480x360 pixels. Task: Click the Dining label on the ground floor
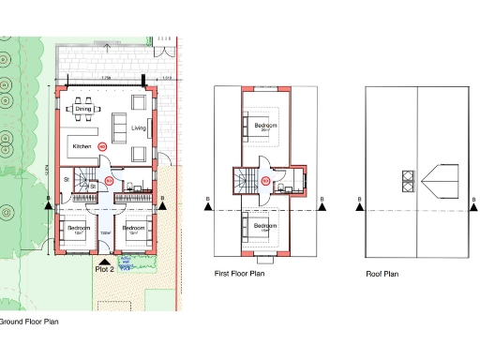tap(83, 110)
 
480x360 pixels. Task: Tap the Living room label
tap(140, 127)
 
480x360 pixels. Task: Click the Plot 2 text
tap(105, 269)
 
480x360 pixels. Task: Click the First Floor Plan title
tap(238, 273)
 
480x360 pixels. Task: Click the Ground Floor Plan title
tap(29, 322)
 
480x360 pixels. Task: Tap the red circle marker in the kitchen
tap(104, 147)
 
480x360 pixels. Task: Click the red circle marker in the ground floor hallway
tap(109, 179)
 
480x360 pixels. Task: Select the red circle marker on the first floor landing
tap(265, 180)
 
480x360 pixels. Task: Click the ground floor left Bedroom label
tap(79, 229)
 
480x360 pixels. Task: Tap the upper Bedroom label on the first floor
tap(265, 125)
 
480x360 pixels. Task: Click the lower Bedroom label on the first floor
tap(265, 226)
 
